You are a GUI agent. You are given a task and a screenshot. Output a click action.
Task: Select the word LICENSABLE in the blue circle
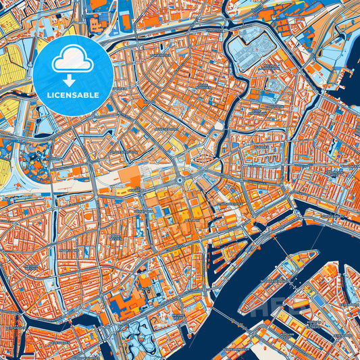74,94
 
